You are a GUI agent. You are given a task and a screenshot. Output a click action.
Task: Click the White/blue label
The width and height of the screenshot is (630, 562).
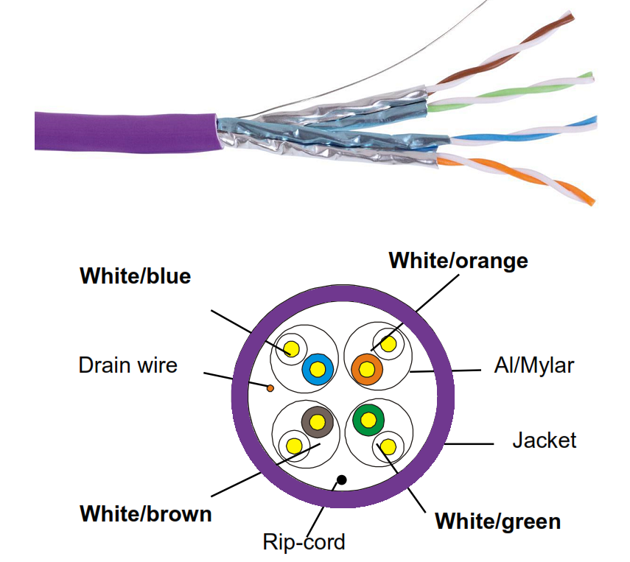[x=135, y=276]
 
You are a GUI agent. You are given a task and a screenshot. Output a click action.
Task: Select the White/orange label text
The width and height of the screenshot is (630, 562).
[x=458, y=260]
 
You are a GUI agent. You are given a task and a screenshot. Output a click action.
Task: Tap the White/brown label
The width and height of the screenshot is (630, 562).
[x=145, y=513]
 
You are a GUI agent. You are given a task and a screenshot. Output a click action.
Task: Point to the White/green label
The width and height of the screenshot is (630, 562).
[x=497, y=521]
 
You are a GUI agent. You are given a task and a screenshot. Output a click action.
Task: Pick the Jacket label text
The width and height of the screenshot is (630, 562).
[x=544, y=440]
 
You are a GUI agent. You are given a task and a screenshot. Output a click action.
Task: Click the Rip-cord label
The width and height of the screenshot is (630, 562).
[x=304, y=543]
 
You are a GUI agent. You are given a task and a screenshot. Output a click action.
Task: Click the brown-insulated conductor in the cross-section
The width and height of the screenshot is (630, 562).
[x=317, y=421]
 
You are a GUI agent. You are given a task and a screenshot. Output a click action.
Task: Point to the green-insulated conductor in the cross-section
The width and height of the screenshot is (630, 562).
[x=368, y=420]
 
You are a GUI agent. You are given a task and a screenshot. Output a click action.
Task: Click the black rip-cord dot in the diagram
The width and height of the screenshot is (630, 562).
[x=340, y=480]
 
